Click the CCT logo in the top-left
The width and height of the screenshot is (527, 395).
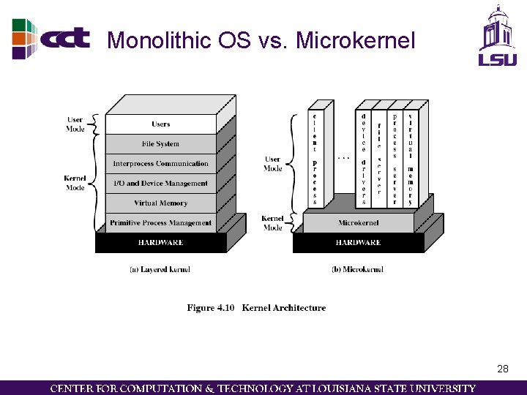click(51, 38)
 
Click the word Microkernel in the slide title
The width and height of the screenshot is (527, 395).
click(356, 41)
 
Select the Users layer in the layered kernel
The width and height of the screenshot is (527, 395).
click(161, 124)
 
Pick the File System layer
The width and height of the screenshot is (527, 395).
click(161, 144)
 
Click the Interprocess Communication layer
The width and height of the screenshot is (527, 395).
click(161, 164)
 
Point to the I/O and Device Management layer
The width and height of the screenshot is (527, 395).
click(161, 184)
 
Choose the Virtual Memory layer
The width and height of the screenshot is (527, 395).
click(161, 203)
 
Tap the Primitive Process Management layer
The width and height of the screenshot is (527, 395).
click(161, 223)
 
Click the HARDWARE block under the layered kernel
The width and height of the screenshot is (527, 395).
click(161, 242)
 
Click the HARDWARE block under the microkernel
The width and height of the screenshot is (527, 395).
click(358, 242)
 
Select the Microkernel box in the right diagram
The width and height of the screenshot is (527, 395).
click(359, 223)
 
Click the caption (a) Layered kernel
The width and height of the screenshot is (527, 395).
click(160, 270)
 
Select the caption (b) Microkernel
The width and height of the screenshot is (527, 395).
click(357, 270)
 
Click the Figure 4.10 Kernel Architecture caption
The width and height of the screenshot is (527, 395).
click(256, 308)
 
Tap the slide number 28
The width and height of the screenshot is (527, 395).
click(502, 369)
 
